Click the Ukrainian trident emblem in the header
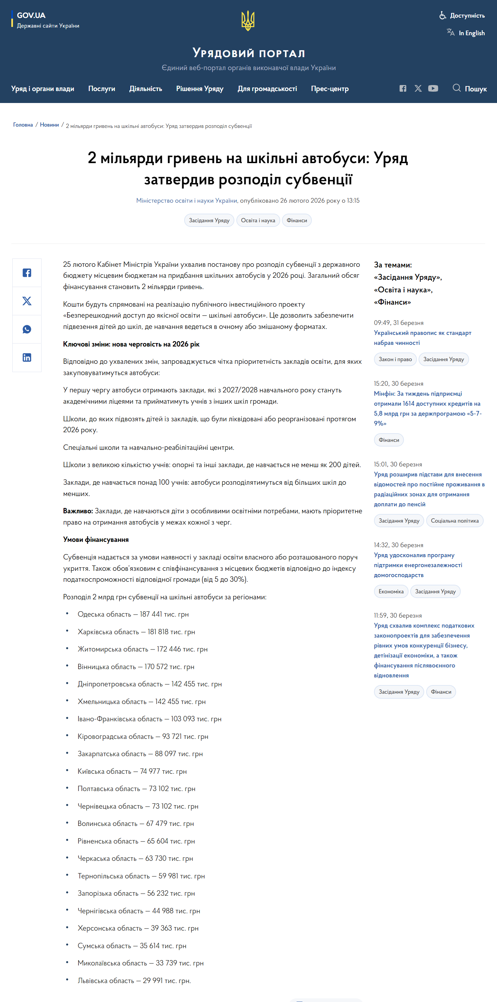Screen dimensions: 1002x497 tap(248, 21)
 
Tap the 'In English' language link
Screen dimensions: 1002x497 tap(471, 33)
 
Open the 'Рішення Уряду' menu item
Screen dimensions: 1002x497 tap(200, 89)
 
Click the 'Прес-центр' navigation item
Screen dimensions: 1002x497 tap(330, 89)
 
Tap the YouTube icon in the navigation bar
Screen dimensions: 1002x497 tap(433, 89)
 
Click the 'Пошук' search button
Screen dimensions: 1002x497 tap(470, 89)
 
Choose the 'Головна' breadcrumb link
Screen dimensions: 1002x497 tap(23, 125)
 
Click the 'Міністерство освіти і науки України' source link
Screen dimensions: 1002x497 tap(186, 201)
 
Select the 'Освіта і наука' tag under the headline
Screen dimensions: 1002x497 tap(258, 221)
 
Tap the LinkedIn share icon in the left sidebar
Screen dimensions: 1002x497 tap(27, 357)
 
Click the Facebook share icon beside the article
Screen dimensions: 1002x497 tap(27, 273)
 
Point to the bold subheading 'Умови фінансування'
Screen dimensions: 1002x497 tap(96, 540)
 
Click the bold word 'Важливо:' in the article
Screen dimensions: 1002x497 tap(78, 511)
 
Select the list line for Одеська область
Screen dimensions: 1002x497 tap(133, 614)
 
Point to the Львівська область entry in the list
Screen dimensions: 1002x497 tap(134, 981)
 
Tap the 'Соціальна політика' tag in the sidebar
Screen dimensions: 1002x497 tap(454, 521)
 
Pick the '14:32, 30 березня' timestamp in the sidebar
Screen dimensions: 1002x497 tap(399, 545)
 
